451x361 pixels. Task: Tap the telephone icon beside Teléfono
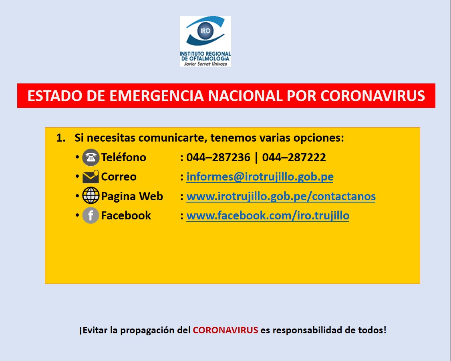pos(91,157)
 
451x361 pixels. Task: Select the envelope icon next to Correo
pos(91,176)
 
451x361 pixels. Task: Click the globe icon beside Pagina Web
pos(91,196)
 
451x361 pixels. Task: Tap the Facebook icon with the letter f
pos(91,215)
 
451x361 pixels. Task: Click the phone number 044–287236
pos(218,157)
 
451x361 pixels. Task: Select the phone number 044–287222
pos(294,157)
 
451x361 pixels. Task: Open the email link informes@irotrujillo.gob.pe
pos(260,176)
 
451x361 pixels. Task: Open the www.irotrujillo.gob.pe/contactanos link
pos(281,196)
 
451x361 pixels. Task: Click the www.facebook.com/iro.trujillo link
pos(268,215)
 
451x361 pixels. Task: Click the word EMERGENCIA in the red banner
pos(157,96)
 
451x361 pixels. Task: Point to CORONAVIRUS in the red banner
pos(373,96)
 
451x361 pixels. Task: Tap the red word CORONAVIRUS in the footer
pos(225,330)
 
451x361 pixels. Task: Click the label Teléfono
pos(124,157)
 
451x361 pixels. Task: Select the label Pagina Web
pos(132,197)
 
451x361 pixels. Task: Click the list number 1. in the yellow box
pos(61,138)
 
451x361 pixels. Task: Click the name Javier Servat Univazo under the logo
pos(205,64)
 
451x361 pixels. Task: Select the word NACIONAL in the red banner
pos(246,96)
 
